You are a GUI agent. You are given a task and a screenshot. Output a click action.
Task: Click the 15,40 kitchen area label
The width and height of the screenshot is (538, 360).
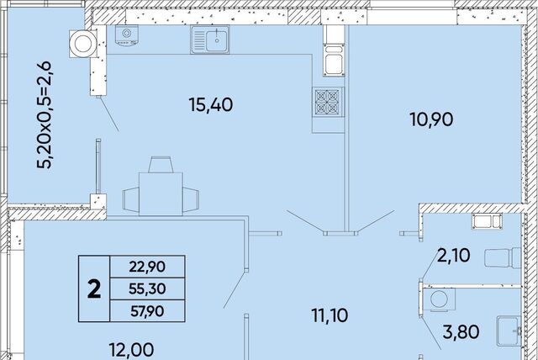pyautogui.click(x=211, y=104)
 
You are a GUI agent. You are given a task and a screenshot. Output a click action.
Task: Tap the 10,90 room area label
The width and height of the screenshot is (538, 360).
pyautogui.click(x=431, y=119)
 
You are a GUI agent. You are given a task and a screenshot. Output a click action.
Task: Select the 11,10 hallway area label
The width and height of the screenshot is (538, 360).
pyautogui.click(x=330, y=315)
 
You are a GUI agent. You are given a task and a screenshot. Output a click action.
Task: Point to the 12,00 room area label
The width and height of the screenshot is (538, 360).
pyautogui.click(x=131, y=350)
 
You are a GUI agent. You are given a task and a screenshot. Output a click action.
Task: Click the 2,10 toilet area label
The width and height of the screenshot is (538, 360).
pyautogui.click(x=453, y=256)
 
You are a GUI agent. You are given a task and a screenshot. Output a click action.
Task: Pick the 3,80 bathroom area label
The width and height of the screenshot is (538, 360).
pyautogui.click(x=461, y=332)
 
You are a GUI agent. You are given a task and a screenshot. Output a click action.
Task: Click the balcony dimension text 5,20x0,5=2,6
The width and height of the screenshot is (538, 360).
pyautogui.click(x=45, y=115)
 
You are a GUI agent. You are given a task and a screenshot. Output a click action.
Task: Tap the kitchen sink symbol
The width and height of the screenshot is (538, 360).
pyautogui.click(x=210, y=40)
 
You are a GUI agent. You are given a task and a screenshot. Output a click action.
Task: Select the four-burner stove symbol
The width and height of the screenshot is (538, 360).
pyautogui.click(x=327, y=102)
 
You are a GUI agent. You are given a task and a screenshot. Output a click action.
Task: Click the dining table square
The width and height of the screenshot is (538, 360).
pyautogui.click(x=161, y=194)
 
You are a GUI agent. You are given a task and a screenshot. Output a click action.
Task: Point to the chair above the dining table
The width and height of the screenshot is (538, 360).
pyautogui.click(x=160, y=164)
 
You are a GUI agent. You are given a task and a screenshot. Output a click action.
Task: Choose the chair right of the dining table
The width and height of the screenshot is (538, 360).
pyautogui.click(x=191, y=199)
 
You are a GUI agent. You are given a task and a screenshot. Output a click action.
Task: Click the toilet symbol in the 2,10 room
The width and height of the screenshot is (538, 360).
pyautogui.click(x=503, y=257)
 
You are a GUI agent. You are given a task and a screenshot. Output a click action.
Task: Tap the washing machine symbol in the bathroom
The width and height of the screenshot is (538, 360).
pyautogui.click(x=439, y=299)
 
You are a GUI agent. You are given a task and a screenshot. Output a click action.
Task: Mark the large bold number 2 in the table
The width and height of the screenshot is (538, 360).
pyautogui.click(x=94, y=289)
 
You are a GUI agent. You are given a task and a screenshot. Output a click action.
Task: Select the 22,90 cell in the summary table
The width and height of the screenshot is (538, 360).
pyautogui.click(x=147, y=267)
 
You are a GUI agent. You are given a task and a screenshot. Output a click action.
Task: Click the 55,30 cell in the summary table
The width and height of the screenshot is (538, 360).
pyautogui.click(x=147, y=289)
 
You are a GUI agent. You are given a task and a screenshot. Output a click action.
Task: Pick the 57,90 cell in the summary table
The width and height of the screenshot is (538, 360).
pyautogui.click(x=147, y=311)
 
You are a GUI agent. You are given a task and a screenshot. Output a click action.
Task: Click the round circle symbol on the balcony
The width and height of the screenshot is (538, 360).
pyautogui.click(x=83, y=44)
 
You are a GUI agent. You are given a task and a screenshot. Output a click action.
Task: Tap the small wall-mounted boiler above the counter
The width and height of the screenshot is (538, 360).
pyautogui.click(x=127, y=35)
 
